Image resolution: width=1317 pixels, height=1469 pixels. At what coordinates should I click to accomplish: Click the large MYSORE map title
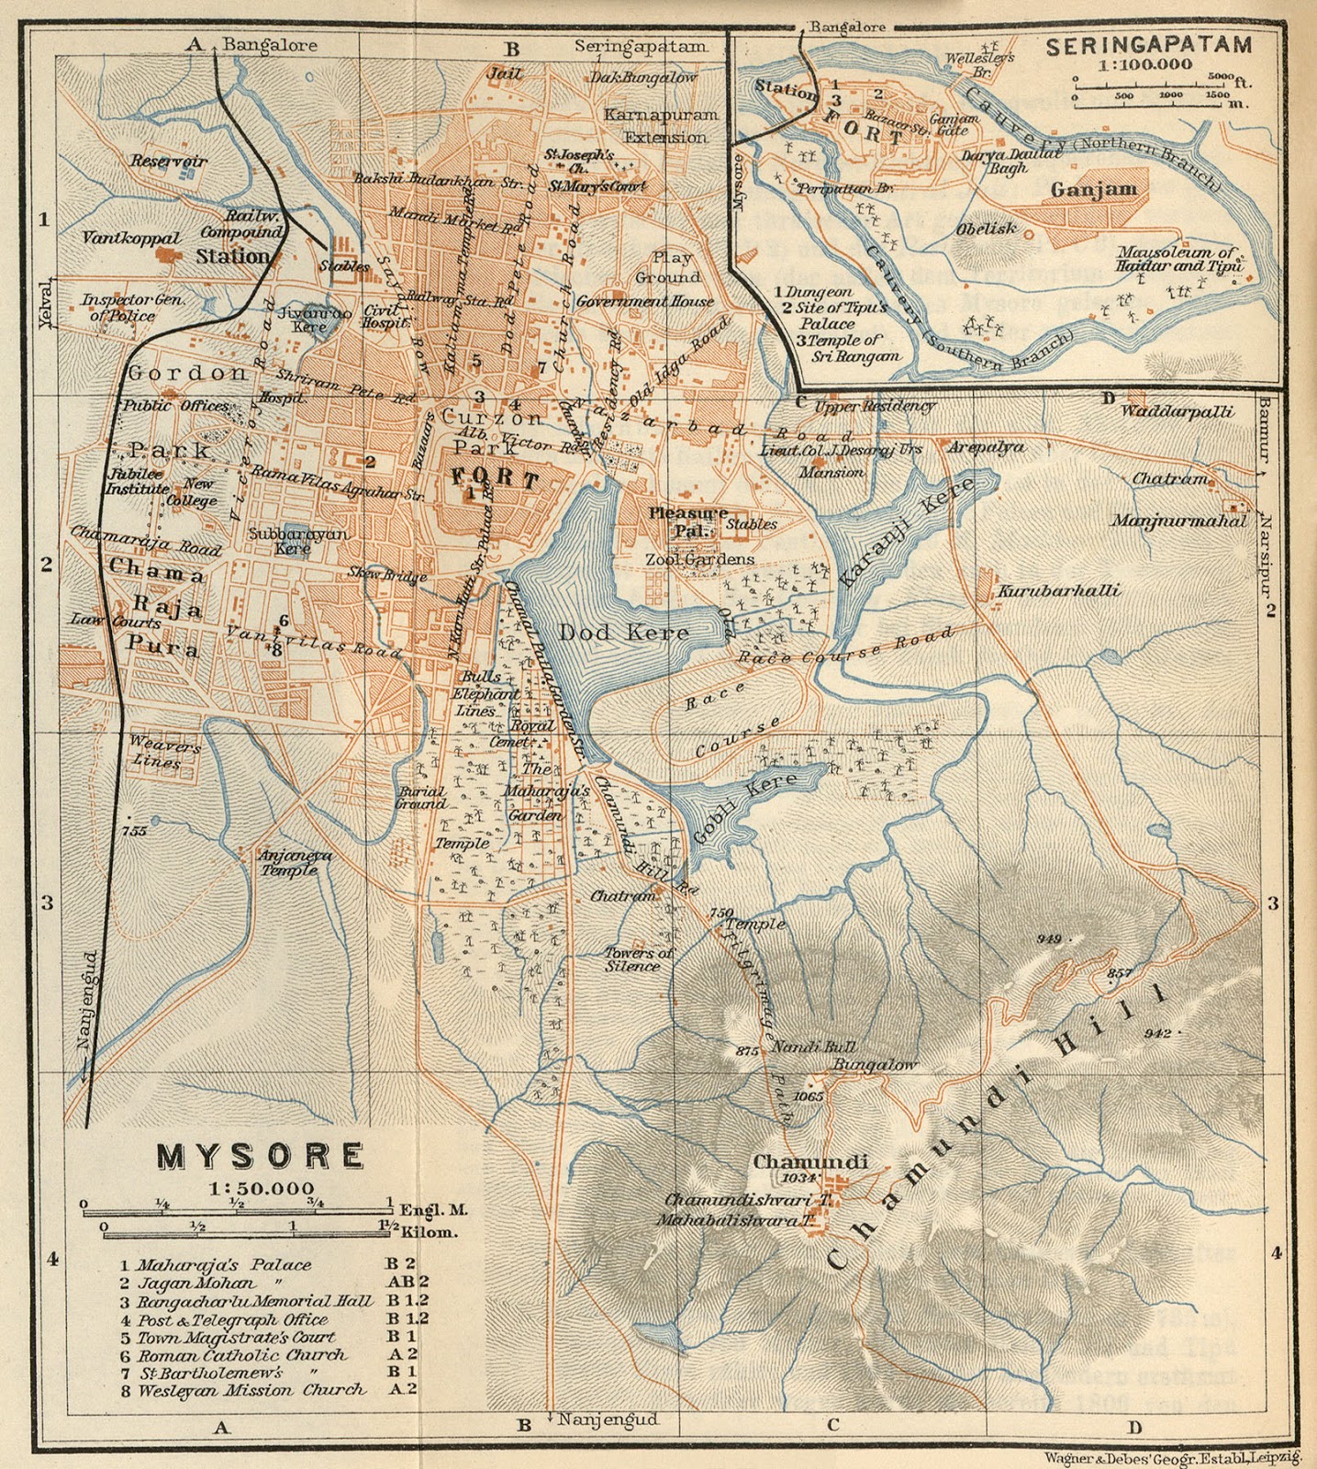pos(260,1157)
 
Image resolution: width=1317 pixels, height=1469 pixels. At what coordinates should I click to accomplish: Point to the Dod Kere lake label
pos(623,633)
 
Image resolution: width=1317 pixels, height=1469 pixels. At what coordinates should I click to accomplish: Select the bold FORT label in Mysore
pos(495,478)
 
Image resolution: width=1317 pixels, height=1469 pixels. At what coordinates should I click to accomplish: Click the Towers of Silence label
pos(638,959)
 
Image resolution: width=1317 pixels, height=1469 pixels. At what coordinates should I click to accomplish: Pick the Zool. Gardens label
pos(700,559)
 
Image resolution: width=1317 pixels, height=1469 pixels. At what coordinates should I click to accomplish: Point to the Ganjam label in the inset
pos(1093,190)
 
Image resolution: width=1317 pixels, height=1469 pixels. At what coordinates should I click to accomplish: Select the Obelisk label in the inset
pos(986,229)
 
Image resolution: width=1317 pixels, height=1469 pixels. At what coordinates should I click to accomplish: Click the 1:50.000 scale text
pos(261,1188)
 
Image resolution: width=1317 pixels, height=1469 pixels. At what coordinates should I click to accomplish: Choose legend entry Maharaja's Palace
pos(224,1265)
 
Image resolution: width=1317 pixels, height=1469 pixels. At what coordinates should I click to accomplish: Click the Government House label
pos(644,301)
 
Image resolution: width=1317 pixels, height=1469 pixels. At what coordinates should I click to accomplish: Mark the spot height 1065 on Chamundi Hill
pos(809,1096)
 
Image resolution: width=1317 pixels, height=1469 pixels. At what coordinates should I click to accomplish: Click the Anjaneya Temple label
pos(295,861)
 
